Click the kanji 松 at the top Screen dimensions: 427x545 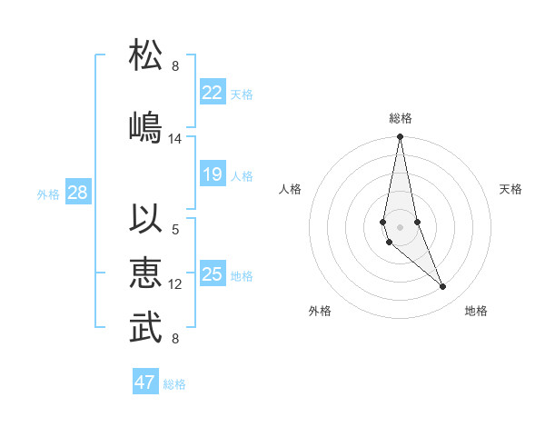pyautogui.click(x=146, y=55)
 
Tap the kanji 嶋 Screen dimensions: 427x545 pyautogui.click(x=146, y=126)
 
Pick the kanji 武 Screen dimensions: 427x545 pyautogui.click(x=146, y=328)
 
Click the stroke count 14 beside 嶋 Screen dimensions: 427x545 pyautogui.click(x=175, y=139)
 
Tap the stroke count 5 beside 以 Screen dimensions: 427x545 pyautogui.click(x=175, y=229)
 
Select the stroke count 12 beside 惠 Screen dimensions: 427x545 pyautogui.click(x=175, y=284)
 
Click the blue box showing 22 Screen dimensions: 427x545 pyautogui.click(x=213, y=92)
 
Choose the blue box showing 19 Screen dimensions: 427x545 pyautogui.click(x=213, y=174)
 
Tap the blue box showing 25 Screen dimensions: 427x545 pyautogui.click(x=213, y=274)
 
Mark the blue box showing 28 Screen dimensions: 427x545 pyautogui.click(x=77, y=193)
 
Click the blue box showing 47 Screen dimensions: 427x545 pyautogui.click(x=145, y=382)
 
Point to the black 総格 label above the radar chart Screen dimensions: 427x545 pyautogui.click(x=401, y=118)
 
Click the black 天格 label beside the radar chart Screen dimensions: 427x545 pyautogui.click(x=510, y=189)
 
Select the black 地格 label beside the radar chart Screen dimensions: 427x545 pyautogui.click(x=476, y=311)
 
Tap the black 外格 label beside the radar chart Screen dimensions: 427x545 pyautogui.click(x=320, y=311)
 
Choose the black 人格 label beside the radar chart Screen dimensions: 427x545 pyautogui.click(x=291, y=189)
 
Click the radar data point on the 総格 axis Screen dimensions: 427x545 pyautogui.click(x=400, y=137)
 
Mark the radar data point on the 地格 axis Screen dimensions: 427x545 pyautogui.click(x=443, y=287)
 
